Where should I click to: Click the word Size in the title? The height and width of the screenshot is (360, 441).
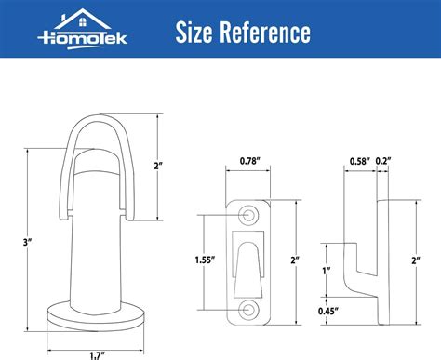pyautogui.click(x=197, y=34)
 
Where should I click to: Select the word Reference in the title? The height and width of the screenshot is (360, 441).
pyautogui.click(x=267, y=34)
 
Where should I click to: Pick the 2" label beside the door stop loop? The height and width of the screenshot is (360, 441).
pyautogui.click(x=159, y=165)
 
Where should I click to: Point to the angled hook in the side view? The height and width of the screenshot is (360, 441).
pyautogui.click(x=357, y=265)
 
